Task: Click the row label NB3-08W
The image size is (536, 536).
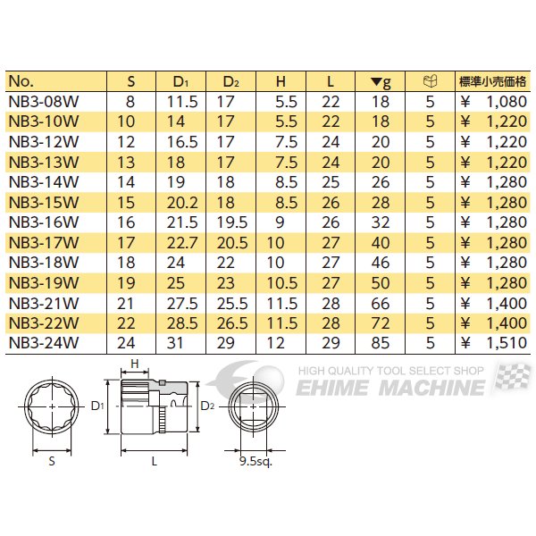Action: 44,102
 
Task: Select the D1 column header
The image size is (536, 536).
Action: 180,81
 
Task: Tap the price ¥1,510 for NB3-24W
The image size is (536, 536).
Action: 493,343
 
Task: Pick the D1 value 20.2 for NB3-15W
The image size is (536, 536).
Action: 182,203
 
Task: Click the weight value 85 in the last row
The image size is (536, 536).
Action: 381,343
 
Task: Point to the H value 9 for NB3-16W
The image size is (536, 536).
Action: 280,222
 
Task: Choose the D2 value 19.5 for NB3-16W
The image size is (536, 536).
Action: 232,222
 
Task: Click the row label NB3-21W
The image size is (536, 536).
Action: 44,303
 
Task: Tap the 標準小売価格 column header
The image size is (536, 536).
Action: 492,81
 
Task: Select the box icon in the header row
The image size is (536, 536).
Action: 430,81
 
